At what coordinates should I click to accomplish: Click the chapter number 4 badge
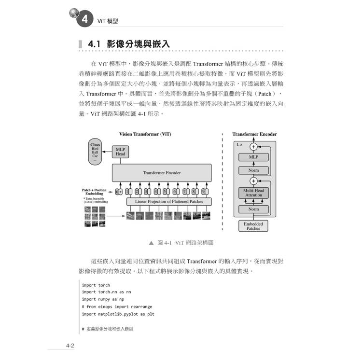pyautogui.click(x=84, y=20)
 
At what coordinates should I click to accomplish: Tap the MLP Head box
pyautogui.click(x=120, y=152)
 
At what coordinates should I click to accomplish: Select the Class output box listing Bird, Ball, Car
pyautogui.click(x=95, y=152)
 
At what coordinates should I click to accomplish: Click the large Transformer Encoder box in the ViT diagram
pyautogui.click(x=161, y=172)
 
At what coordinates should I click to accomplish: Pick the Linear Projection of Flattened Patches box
pyautogui.click(x=168, y=201)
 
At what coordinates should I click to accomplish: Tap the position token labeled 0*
pyautogui.click(x=118, y=192)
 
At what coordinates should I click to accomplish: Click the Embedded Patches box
pyautogui.click(x=253, y=226)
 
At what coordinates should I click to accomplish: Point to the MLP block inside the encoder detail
pyautogui.click(x=253, y=157)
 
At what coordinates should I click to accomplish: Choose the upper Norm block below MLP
pyautogui.click(x=253, y=170)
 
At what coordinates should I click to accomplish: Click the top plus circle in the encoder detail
pyautogui.click(x=253, y=146)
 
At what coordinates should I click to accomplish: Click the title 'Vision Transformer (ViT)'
pyautogui.click(x=145, y=134)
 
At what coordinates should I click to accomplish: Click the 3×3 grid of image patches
pyautogui.click(x=95, y=216)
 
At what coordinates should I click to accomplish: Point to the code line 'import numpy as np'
pyautogui.click(x=99, y=299)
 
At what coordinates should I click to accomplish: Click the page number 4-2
pyautogui.click(x=70, y=346)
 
